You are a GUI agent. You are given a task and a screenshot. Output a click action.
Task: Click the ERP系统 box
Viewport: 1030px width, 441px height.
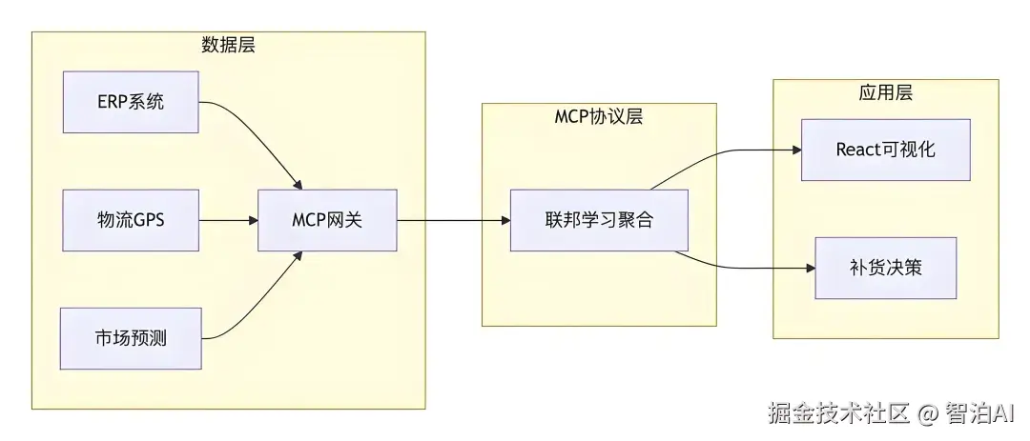point(131,101)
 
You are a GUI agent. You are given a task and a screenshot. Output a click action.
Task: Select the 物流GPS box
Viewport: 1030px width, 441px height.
point(131,220)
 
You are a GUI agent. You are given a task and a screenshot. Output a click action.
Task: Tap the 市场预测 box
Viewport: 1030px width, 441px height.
point(131,338)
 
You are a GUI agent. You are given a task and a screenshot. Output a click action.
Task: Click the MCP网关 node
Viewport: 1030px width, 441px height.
point(327,220)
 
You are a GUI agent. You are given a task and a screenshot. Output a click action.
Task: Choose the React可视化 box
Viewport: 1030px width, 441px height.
point(885,150)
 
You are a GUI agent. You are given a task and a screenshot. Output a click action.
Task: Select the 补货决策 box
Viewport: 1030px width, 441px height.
point(885,268)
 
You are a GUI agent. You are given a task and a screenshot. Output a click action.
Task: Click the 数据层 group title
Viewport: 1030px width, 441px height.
point(228,45)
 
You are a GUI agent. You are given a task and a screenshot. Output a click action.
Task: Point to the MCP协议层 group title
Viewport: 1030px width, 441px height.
point(598,116)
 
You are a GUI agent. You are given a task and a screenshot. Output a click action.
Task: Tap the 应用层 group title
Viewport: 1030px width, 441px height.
point(885,92)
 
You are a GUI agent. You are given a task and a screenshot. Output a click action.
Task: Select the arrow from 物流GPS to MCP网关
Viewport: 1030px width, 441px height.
point(229,220)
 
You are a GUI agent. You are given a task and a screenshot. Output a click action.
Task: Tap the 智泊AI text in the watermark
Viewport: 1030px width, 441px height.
point(981,413)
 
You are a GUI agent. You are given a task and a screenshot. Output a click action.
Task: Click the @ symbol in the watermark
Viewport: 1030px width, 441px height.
point(928,414)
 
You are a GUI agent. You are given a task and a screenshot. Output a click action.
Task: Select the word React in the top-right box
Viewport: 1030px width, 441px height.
point(857,150)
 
